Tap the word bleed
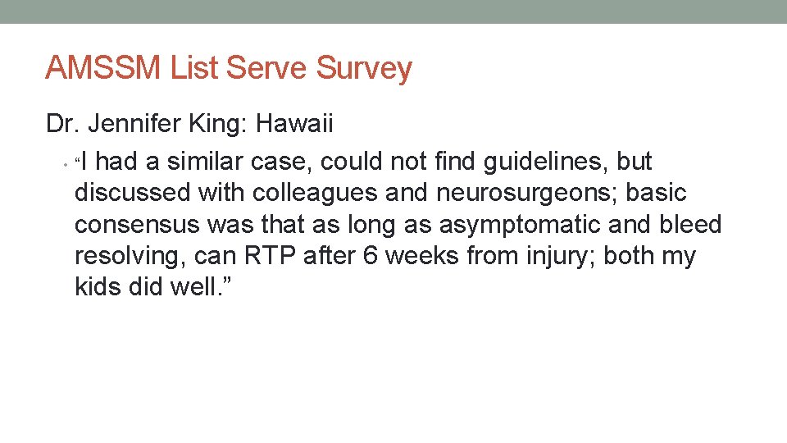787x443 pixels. (692, 225)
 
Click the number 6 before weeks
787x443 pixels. (370, 256)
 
